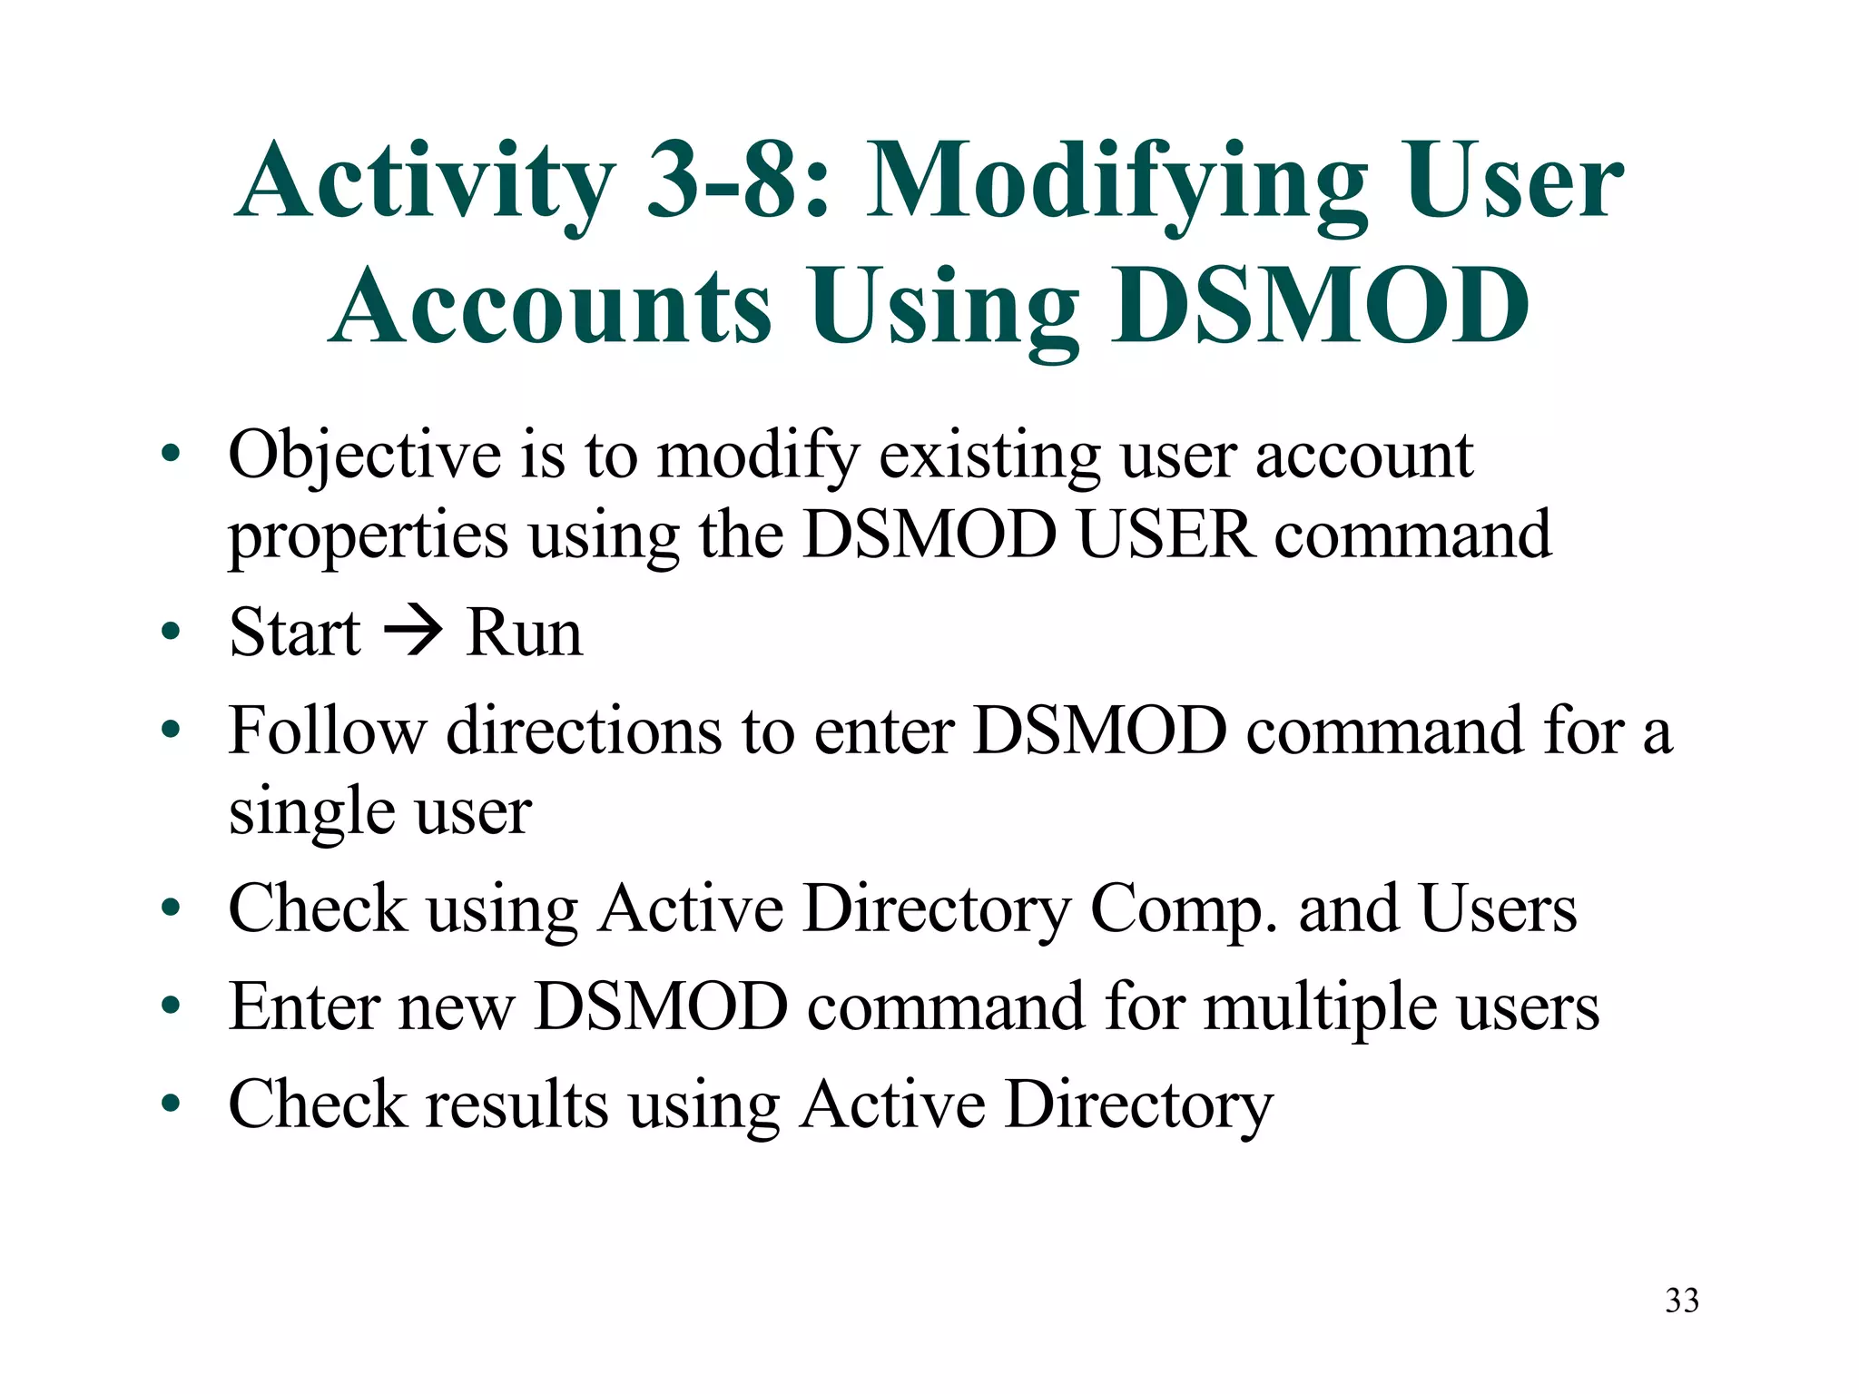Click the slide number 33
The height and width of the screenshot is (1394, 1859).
pyautogui.click(x=1681, y=1301)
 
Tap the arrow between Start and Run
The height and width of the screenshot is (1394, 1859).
pyautogui.click(x=413, y=632)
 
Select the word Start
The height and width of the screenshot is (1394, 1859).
pyautogui.click(x=295, y=633)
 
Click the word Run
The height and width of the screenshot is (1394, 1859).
pyautogui.click(x=524, y=633)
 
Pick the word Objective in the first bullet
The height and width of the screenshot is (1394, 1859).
pyautogui.click(x=365, y=456)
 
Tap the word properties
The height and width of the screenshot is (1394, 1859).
pyautogui.click(x=368, y=537)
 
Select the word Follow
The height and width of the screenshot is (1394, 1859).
pyautogui.click(x=327, y=731)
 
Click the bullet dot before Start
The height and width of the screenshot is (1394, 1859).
pyautogui.click(x=171, y=632)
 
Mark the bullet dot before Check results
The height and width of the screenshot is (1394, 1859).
pyautogui.click(x=171, y=1104)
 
